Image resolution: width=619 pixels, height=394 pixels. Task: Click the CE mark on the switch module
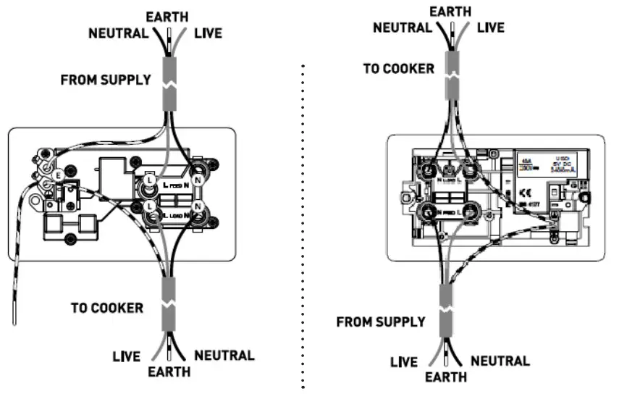click(x=525, y=193)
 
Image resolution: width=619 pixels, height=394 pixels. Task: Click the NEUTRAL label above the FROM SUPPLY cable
click(x=118, y=33)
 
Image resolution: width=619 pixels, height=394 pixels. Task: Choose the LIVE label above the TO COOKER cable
click(x=490, y=28)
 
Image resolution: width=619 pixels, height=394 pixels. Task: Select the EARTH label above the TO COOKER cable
click(x=450, y=12)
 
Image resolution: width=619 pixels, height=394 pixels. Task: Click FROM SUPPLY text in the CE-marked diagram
click(x=381, y=322)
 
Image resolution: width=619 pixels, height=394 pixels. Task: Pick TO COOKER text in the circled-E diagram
click(x=106, y=307)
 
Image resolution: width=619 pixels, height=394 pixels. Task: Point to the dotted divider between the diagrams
click(x=303, y=217)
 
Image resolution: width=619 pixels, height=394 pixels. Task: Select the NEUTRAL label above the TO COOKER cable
click(x=402, y=28)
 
